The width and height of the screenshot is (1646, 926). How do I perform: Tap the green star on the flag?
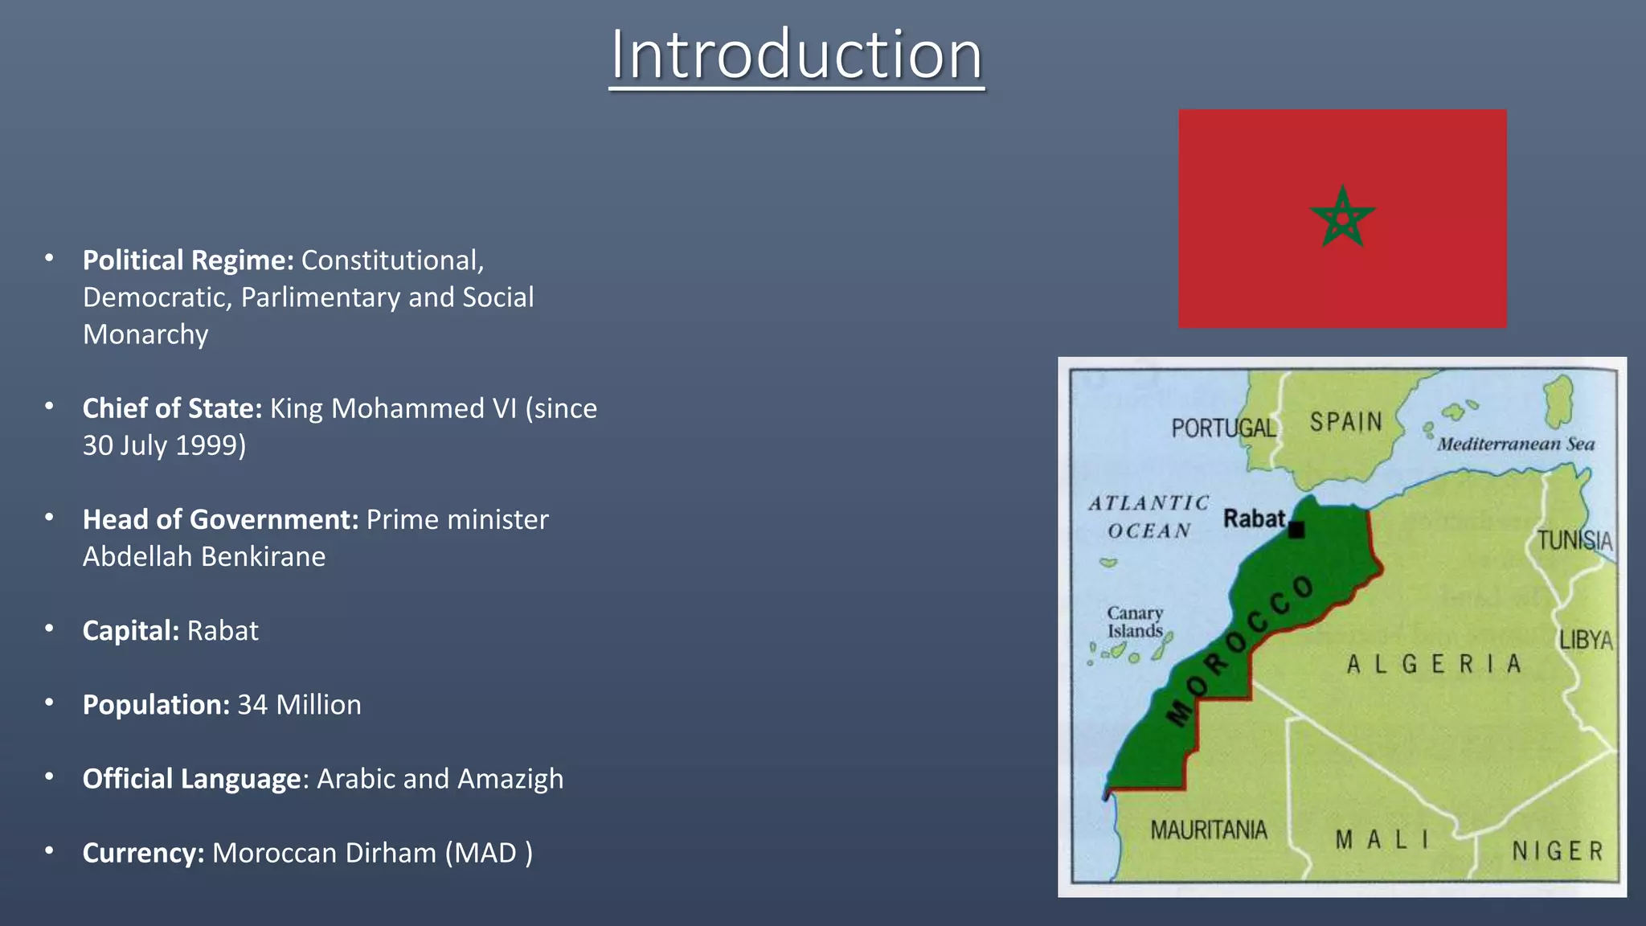1342,218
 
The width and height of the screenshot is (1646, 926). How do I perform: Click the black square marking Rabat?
1296,530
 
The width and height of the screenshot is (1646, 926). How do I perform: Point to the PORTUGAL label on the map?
1223,428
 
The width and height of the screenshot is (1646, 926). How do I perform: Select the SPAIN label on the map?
1346,422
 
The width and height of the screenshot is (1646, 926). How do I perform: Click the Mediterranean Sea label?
1516,444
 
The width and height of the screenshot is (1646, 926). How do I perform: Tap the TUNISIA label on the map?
1574,540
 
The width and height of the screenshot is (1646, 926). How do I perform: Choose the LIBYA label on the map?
1586,640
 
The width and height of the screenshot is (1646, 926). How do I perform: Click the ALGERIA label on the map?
1435,664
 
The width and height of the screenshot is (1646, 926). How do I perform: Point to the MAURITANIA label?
1208,830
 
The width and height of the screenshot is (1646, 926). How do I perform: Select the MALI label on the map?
1382,840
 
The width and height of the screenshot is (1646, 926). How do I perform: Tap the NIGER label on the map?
1557,851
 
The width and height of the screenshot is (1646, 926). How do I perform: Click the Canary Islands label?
1135,622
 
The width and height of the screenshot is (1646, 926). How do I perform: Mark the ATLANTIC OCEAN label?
1149,517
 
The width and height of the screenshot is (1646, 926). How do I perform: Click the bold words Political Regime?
188,260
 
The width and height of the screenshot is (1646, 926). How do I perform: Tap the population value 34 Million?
299,705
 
